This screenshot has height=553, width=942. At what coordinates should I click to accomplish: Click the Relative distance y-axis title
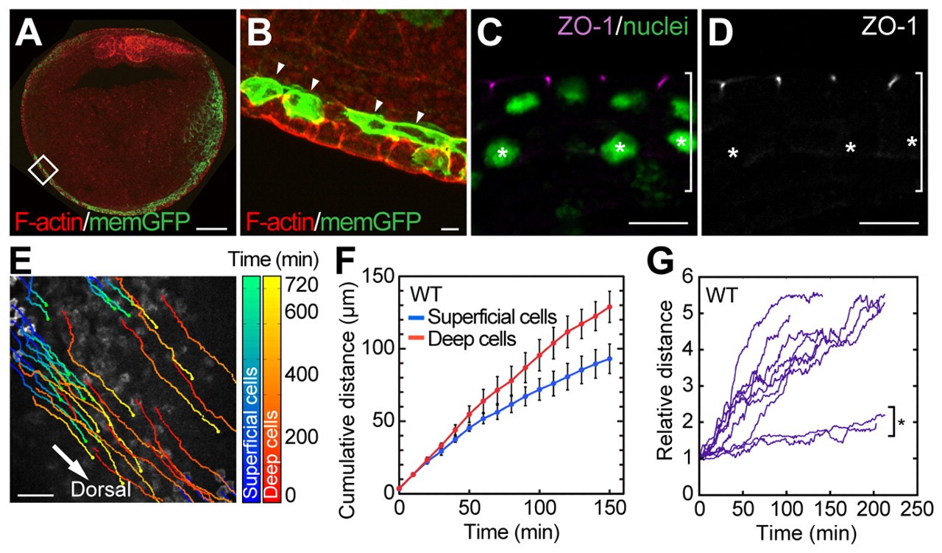[x=665, y=383]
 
